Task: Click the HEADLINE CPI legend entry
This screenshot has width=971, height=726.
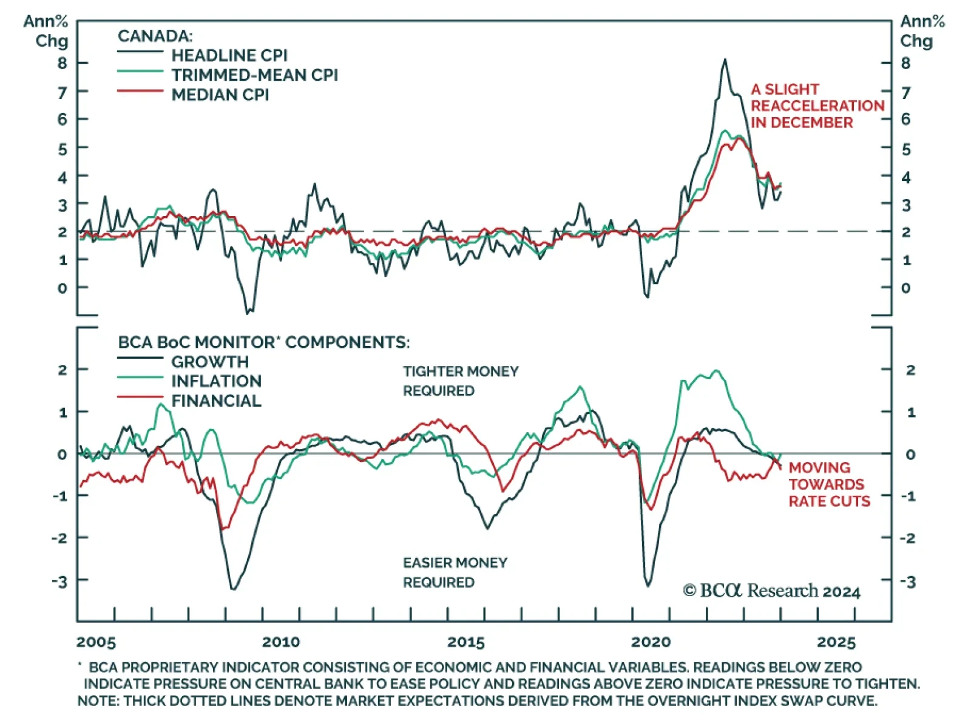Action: click(x=229, y=55)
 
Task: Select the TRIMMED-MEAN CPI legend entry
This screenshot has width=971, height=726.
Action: click(x=254, y=75)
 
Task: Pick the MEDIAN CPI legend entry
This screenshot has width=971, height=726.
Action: click(x=220, y=95)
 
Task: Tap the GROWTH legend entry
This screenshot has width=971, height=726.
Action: click(x=209, y=362)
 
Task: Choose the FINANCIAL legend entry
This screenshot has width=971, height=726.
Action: click(x=216, y=401)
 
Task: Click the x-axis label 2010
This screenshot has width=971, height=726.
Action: click(x=280, y=642)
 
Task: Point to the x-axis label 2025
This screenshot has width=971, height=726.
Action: click(x=836, y=642)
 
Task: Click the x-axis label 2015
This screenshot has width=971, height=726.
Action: click(x=465, y=642)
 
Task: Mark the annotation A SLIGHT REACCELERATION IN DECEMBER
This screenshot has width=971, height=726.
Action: click(x=817, y=106)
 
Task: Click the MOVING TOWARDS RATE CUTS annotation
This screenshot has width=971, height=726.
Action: click(x=828, y=484)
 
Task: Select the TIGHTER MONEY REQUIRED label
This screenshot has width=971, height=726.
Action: click(x=461, y=381)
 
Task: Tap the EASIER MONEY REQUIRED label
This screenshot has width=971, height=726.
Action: click(x=455, y=572)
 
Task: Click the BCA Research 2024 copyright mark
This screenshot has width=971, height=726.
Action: click(x=771, y=591)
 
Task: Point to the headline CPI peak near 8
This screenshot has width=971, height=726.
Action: click(x=725, y=59)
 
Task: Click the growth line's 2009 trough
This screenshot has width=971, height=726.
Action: click(x=234, y=589)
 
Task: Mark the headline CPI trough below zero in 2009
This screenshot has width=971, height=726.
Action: click(x=248, y=313)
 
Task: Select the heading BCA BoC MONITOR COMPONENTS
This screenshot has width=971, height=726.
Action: click(x=263, y=342)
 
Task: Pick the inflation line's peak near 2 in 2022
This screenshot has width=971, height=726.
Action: click(x=717, y=370)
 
